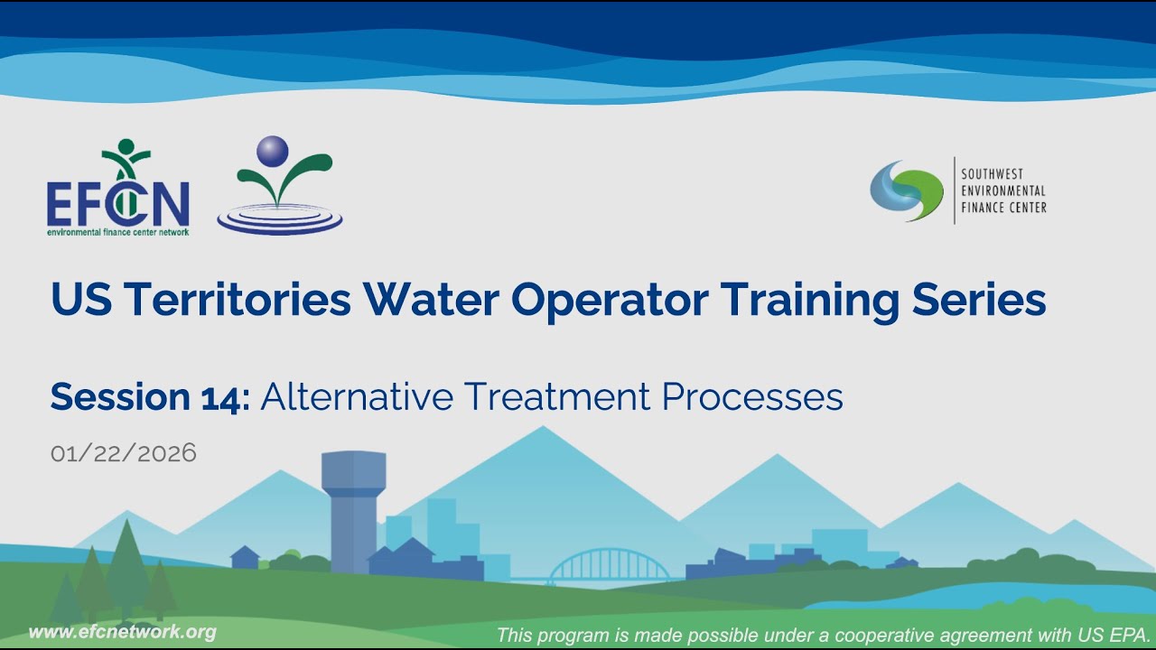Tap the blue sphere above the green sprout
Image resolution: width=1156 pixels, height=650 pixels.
[272, 151]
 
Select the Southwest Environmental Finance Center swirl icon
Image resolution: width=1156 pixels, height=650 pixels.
[906, 190]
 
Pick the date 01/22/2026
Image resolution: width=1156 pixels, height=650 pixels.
[124, 453]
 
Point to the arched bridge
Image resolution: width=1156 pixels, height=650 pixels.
[610, 564]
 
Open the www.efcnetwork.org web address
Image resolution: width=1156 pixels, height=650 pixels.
[123, 632]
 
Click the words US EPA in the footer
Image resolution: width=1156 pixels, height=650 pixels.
[1114, 635]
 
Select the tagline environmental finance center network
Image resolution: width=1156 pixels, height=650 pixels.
[117, 232]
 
